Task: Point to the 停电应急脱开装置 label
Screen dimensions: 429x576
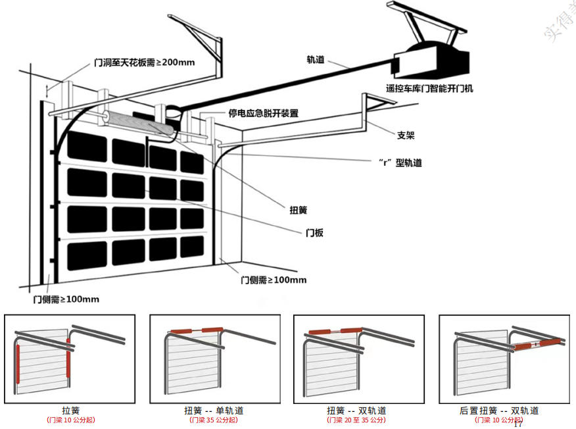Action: [263, 113]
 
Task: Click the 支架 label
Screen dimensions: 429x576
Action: [406, 136]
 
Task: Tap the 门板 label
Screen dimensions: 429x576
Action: [314, 233]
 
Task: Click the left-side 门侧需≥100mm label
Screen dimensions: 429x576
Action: [66, 299]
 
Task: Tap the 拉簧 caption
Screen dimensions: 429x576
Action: [70, 411]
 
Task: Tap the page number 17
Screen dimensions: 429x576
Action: [517, 424]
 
